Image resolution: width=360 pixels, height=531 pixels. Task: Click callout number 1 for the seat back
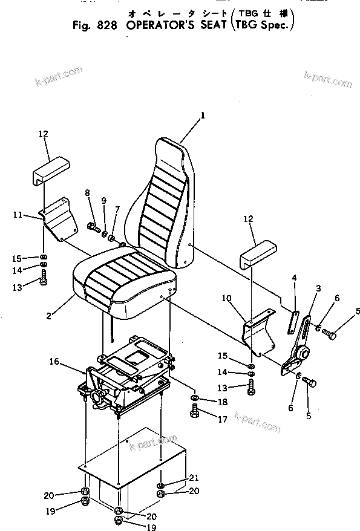(x=203, y=114)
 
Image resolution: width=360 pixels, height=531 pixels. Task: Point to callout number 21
(x=194, y=478)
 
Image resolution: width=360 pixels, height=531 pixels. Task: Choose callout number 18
(x=206, y=402)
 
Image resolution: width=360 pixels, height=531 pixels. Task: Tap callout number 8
(x=88, y=193)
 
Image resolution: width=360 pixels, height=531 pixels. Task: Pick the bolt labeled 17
(x=194, y=413)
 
